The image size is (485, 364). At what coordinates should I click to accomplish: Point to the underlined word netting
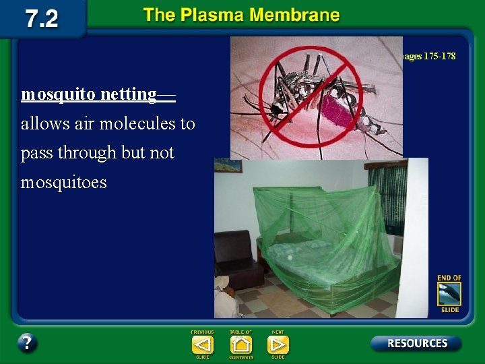(131, 94)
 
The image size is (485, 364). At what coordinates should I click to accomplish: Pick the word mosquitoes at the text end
(64, 183)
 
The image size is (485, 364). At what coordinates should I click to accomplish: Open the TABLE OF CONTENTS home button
(240, 345)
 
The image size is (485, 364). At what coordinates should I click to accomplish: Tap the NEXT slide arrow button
(278, 345)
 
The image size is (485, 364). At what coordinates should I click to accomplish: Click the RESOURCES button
(416, 343)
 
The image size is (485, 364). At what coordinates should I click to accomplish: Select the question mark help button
(27, 342)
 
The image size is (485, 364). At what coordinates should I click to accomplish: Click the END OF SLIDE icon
(449, 294)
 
